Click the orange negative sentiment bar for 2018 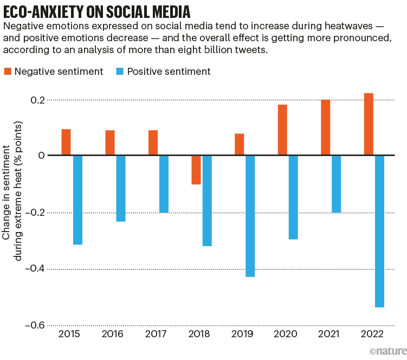click(196, 170)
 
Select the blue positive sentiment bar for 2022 click(379, 231)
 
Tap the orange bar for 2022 click(369, 124)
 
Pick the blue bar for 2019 click(250, 216)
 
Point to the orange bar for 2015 click(66, 142)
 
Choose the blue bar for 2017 click(164, 184)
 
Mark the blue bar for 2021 click(336, 184)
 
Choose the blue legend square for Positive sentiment click(120, 72)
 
